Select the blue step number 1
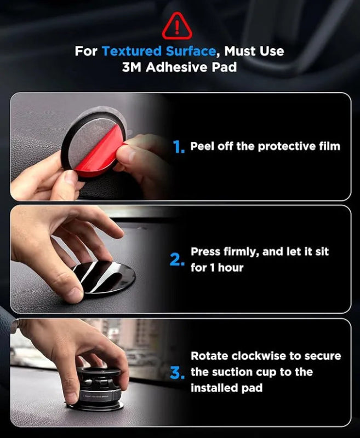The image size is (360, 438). click(179, 147)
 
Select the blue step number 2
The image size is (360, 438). click(177, 260)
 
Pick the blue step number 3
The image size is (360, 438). click(176, 373)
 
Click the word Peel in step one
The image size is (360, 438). click(202, 146)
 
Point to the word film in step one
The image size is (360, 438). click(328, 146)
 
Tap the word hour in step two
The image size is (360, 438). click(230, 268)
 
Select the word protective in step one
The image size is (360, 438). click(278, 146)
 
